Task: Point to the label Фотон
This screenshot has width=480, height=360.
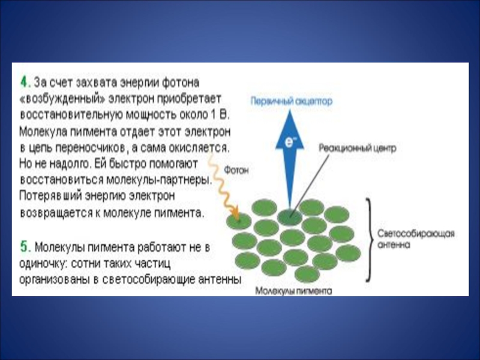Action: pyautogui.click(x=236, y=170)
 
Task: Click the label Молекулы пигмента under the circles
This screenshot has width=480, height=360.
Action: pyautogui.click(x=293, y=290)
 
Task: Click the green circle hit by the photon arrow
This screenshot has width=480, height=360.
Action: pyautogui.click(x=239, y=220)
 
